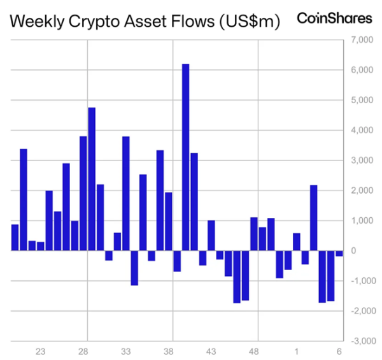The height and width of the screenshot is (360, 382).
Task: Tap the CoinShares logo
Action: point(334,18)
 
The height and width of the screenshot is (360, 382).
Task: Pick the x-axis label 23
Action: point(41,351)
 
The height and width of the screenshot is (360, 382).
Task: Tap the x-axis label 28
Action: point(83,351)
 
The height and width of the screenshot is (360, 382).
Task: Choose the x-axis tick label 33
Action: point(126,351)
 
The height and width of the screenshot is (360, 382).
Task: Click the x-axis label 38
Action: point(169,351)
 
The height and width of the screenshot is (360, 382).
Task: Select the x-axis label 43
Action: point(211,351)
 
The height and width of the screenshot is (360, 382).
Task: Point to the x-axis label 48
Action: point(254,351)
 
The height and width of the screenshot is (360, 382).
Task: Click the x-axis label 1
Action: point(297,351)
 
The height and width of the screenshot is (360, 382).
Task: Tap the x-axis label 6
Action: point(339,351)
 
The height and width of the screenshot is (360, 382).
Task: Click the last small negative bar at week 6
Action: point(339,253)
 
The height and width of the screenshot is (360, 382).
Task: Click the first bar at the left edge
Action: point(15,238)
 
